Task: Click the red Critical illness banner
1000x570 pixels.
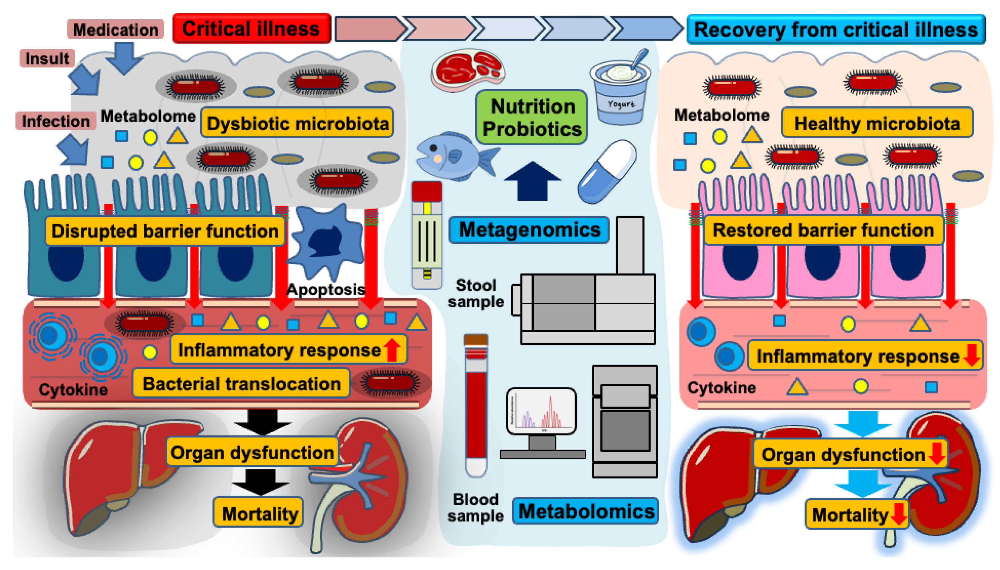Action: (251, 29)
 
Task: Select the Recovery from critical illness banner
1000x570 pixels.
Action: (835, 30)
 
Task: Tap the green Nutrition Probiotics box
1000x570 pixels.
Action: (532, 117)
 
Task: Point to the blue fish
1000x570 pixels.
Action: (452, 157)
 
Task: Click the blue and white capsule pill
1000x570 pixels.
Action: (608, 172)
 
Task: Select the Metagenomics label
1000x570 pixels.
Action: (529, 230)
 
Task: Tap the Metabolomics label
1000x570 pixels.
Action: (586, 511)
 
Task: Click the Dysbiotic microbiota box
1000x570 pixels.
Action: (297, 123)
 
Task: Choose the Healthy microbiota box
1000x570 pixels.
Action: (877, 123)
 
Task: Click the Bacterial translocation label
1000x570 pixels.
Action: (241, 384)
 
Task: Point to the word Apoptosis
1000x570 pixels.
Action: (326, 290)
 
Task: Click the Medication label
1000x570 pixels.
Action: (116, 30)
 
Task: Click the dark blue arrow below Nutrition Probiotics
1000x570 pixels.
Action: (532, 181)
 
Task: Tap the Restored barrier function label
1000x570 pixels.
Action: (823, 230)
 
